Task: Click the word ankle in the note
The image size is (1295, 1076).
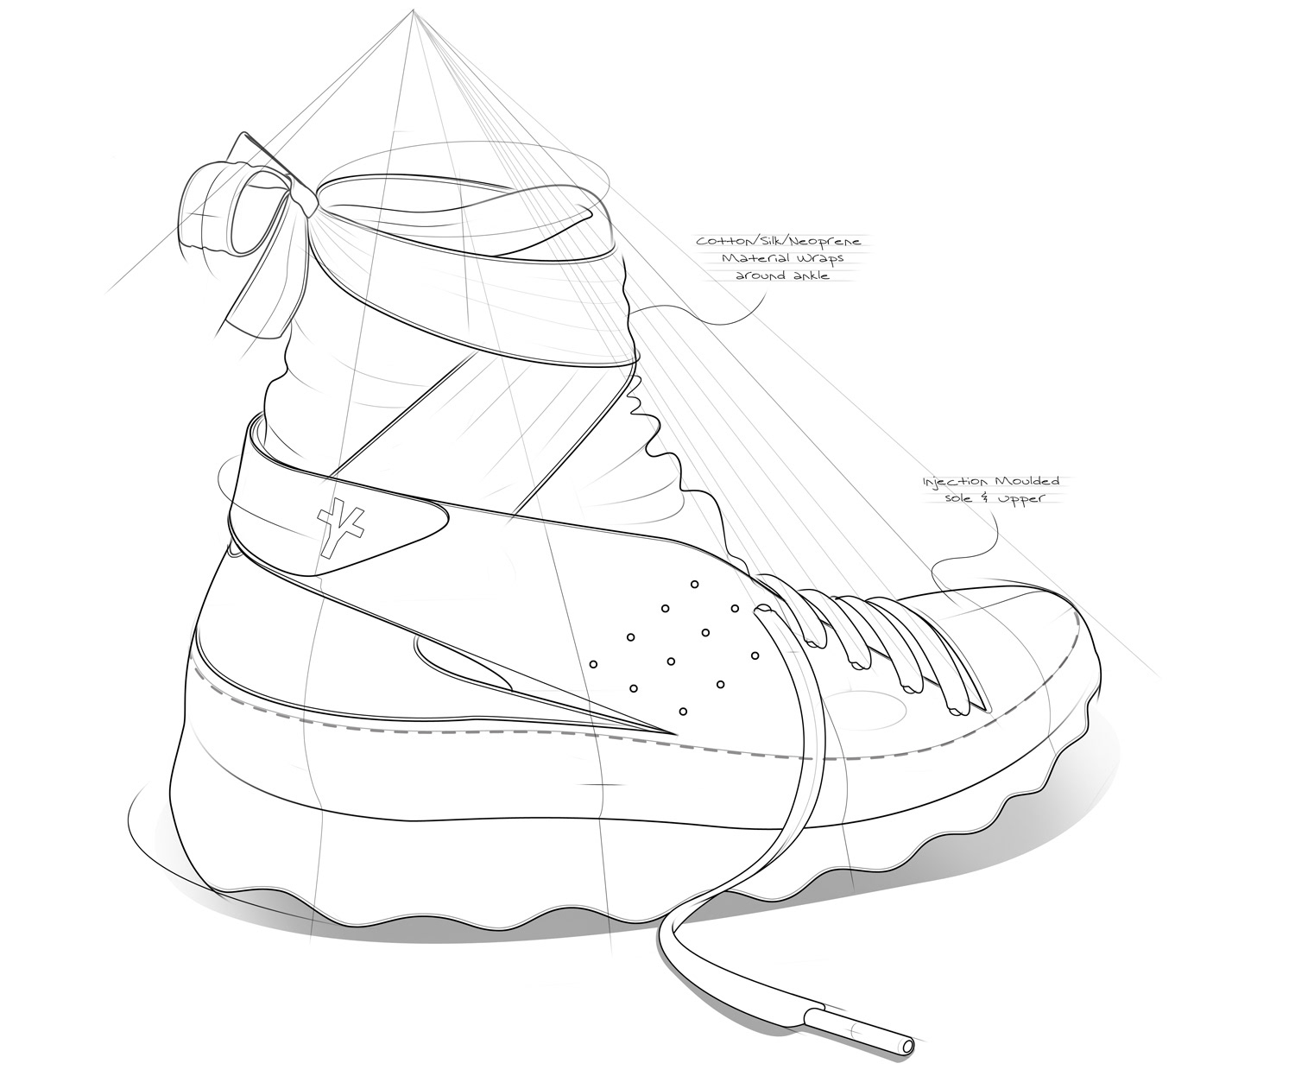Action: point(809,275)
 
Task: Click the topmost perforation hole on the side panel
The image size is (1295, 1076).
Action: point(695,584)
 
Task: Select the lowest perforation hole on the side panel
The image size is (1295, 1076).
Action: point(683,711)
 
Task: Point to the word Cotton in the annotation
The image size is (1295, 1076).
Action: point(719,241)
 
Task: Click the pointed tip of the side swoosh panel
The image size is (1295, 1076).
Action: point(675,734)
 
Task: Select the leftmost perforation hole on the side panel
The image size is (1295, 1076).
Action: point(594,665)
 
